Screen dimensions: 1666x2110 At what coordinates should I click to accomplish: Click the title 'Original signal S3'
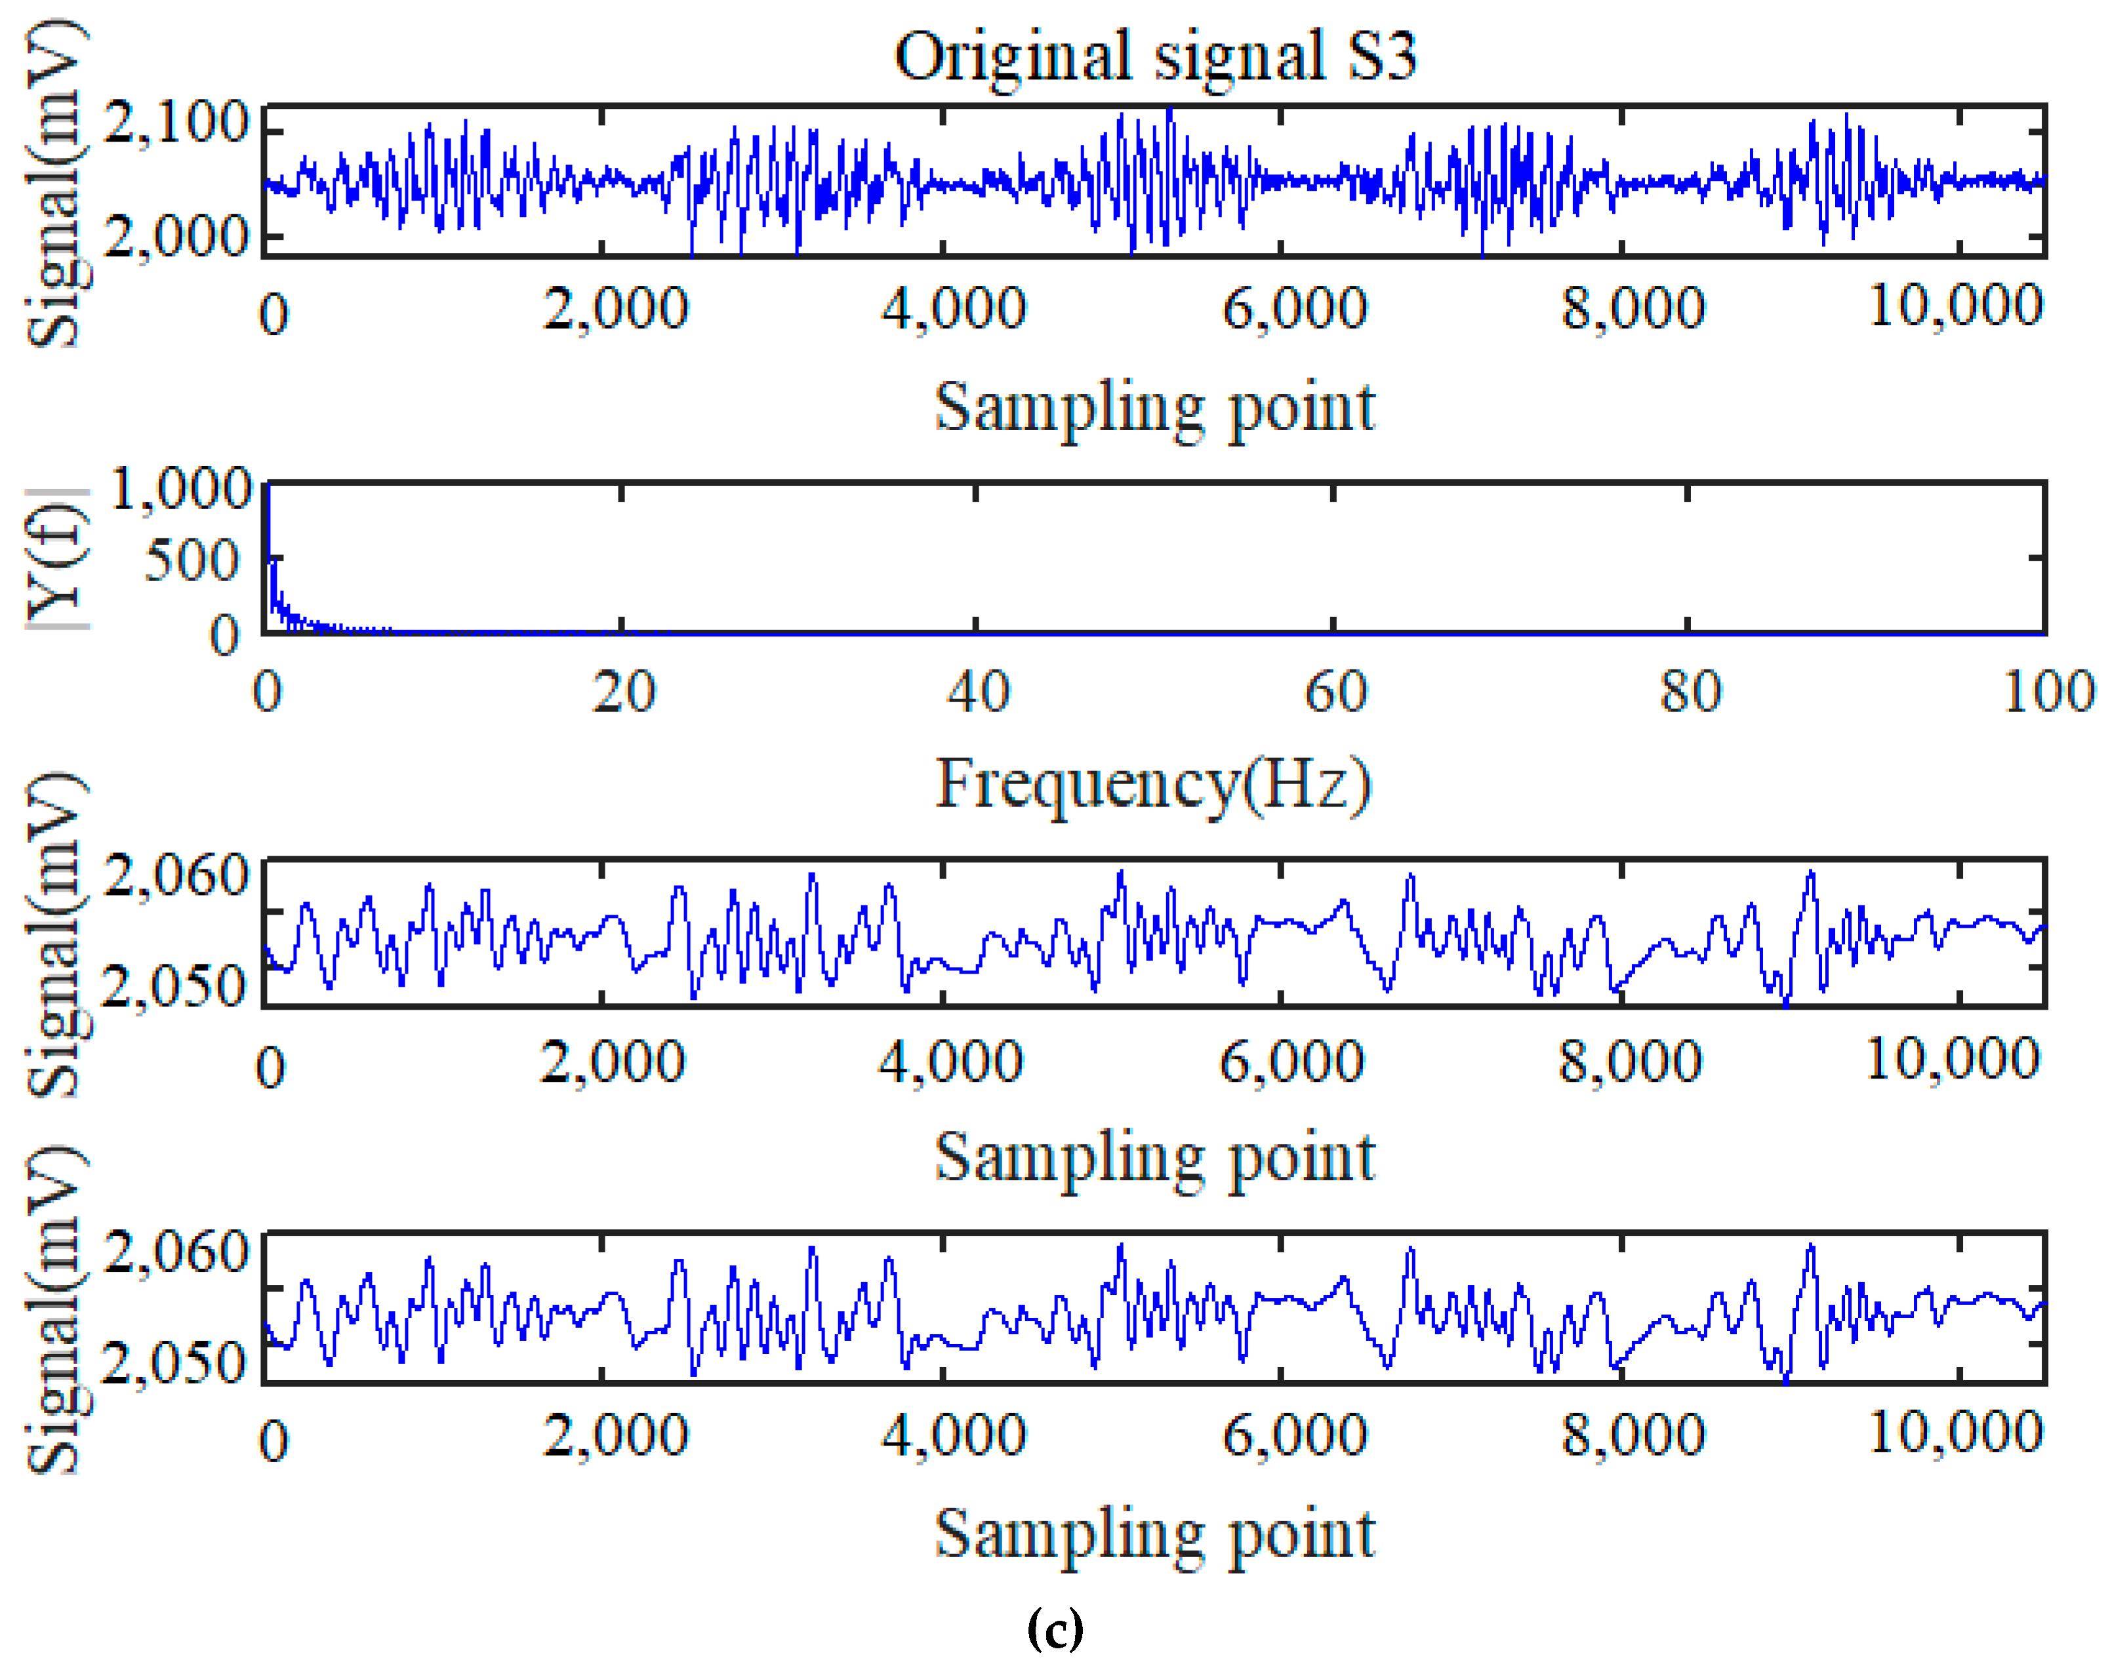coord(1155,56)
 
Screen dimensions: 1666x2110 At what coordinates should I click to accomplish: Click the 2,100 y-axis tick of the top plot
coord(176,124)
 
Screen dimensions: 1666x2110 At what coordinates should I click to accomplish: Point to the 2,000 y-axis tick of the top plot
coord(176,236)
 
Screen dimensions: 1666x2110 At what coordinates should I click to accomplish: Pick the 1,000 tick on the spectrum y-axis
coord(182,488)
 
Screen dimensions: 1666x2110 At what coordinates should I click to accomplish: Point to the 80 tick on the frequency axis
coord(1690,692)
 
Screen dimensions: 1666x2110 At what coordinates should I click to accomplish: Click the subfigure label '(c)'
coord(1055,1627)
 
